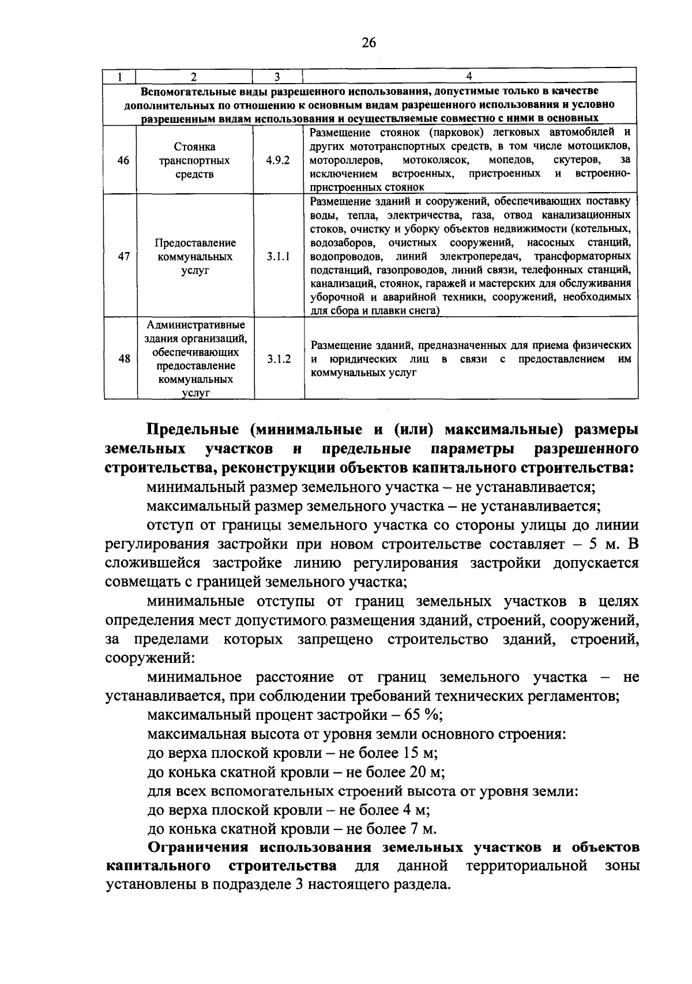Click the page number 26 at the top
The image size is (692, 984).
(369, 42)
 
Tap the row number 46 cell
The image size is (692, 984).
(123, 160)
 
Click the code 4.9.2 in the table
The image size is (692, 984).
(278, 160)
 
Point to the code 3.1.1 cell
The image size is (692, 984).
(278, 256)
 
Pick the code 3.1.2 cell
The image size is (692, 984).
(279, 359)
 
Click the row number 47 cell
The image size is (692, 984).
(123, 256)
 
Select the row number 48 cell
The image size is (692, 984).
(123, 359)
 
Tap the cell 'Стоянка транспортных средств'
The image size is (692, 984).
(194, 160)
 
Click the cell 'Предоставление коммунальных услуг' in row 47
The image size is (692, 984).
(194, 256)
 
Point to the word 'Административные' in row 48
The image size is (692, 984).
(195, 325)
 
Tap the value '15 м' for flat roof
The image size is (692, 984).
(424, 753)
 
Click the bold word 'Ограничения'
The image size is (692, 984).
(199, 847)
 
